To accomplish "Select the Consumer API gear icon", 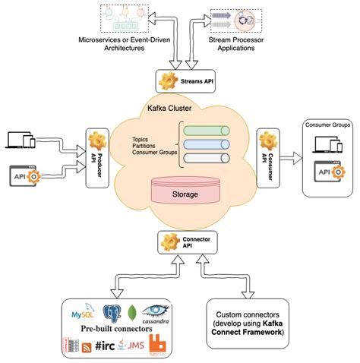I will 267,142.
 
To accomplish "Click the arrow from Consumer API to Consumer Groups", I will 293,157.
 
